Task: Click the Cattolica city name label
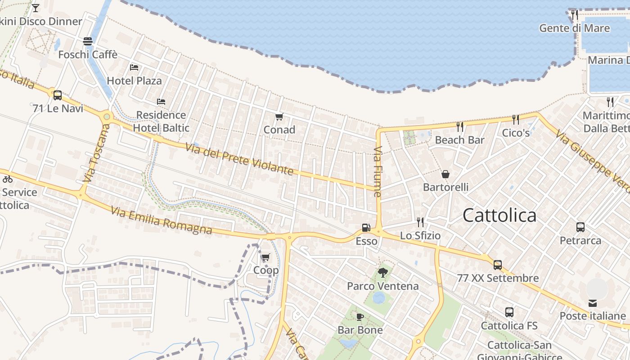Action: tap(499, 216)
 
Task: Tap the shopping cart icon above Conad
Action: tap(279, 117)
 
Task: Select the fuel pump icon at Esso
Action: tap(366, 228)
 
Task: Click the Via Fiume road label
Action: tap(378, 171)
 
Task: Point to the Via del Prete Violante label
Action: tap(239, 159)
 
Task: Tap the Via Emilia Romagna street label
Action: tap(161, 220)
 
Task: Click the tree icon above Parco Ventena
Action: tap(383, 272)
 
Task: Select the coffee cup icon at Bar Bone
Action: tap(360, 317)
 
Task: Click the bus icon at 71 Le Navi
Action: tap(58, 95)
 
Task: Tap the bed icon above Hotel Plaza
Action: tap(134, 67)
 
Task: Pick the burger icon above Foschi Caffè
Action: tap(88, 41)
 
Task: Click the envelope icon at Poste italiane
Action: tap(593, 303)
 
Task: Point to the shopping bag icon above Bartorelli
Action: tap(445, 174)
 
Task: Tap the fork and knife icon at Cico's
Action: tap(516, 120)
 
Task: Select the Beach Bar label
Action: tap(459, 140)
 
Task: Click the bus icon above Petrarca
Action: tap(580, 227)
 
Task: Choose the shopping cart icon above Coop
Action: tap(265, 257)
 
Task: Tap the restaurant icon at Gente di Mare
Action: tap(575, 15)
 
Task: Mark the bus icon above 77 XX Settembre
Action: tap(497, 265)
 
